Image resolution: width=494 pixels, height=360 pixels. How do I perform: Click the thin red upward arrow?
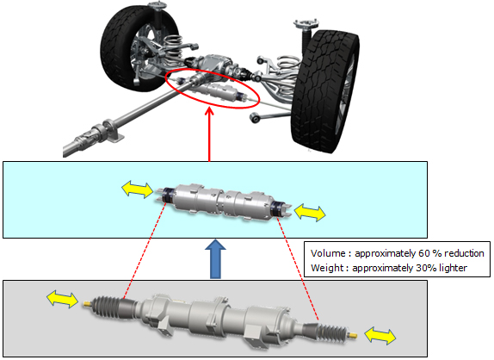tap(209, 129)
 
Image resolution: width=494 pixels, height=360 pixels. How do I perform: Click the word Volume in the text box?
tap(329, 254)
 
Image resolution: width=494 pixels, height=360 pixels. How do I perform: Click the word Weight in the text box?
tap(329, 269)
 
